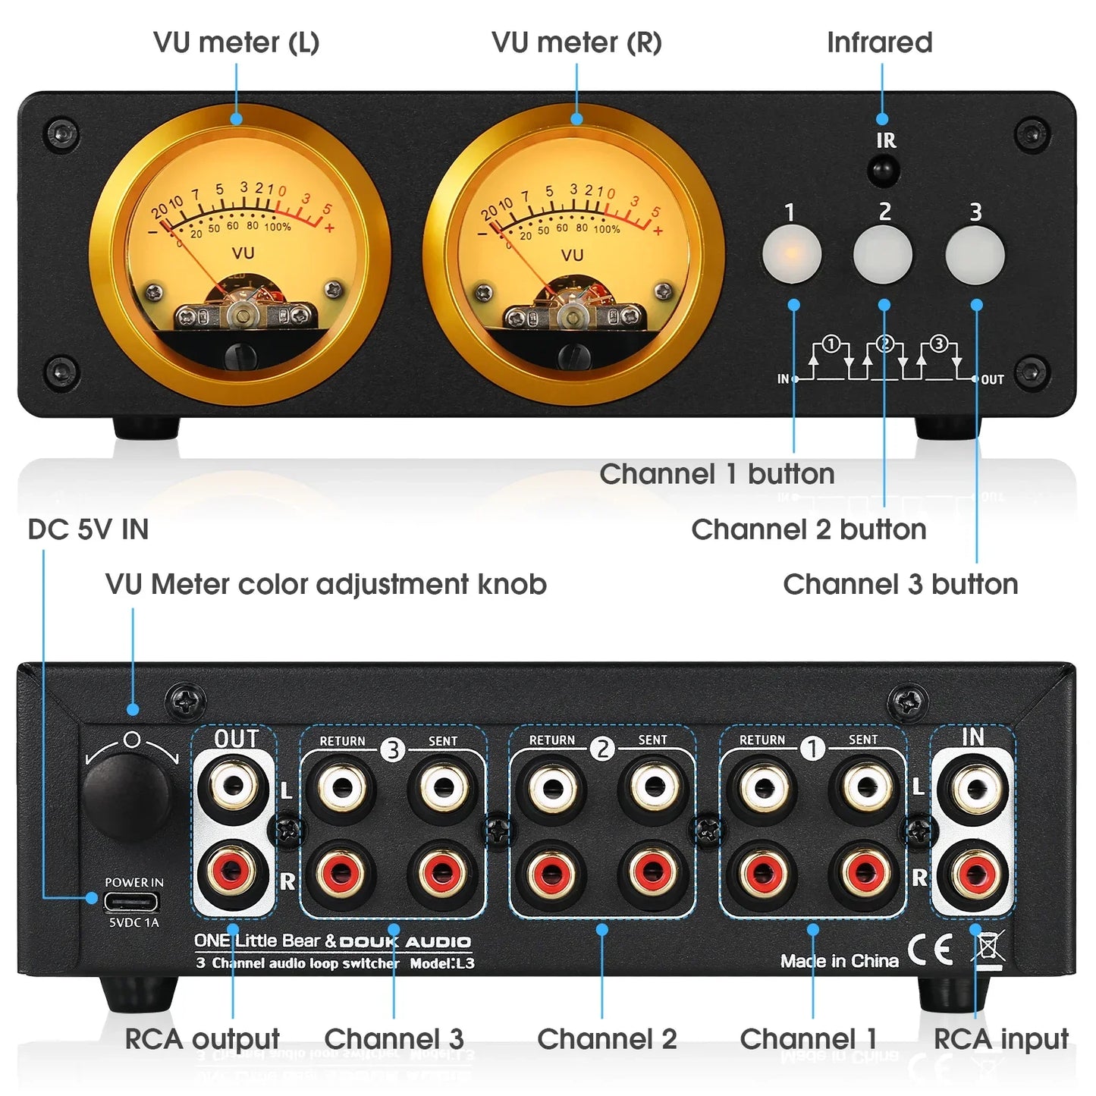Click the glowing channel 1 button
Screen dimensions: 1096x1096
pos(791,254)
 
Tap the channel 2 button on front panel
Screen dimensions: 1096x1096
pos(883,254)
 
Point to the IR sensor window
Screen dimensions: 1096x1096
pos(883,170)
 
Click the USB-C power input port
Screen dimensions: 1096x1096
pos(132,901)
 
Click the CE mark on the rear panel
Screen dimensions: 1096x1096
pos(930,950)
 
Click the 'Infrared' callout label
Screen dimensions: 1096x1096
pos(879,42)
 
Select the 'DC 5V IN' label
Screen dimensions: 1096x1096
pos(88,529)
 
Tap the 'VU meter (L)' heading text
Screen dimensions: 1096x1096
pos(236,42)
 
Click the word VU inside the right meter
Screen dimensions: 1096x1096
pos(572,255)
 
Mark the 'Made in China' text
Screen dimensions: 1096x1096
pos(839,961)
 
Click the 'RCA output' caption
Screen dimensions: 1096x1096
pos(202,1038)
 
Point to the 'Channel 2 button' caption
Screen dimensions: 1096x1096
pos(809,529)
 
